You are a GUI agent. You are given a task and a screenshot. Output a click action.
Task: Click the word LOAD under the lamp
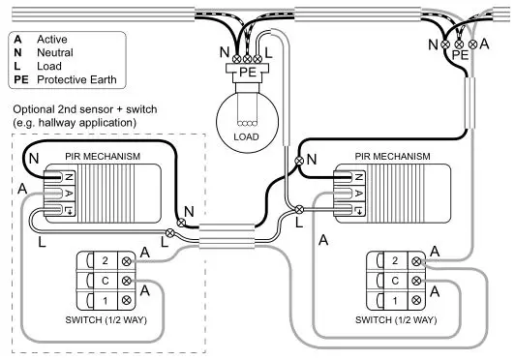tap(247, 136)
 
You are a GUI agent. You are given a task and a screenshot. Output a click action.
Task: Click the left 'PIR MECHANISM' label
tap(99, 156)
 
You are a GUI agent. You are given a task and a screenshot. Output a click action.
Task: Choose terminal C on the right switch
tap(394, 280)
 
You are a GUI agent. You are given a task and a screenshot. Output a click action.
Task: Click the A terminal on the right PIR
tap(358, 193)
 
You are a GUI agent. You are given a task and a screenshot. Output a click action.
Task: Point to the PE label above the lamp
tap(247, 71)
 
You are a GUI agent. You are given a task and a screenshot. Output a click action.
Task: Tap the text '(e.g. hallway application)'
tap(74, 125)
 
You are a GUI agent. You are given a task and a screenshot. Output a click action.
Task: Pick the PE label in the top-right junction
tap(460, 56)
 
